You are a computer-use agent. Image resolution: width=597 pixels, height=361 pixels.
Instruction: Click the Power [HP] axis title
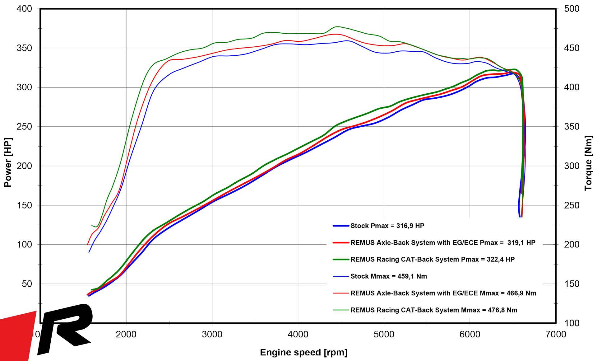tap(8, 162)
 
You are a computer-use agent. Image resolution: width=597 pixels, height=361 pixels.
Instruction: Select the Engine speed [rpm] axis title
tap(303, 352)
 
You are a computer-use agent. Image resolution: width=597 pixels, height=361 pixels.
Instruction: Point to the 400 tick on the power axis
tap(24, 9)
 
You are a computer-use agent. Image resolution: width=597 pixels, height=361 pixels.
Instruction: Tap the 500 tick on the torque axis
tap(572, 9)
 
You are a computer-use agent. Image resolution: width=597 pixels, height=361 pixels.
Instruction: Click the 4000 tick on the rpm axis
tap(298, 334)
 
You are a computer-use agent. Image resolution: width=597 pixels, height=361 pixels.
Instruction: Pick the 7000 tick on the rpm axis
tap(556, 334)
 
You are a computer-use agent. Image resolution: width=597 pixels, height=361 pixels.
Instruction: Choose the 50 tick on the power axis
tap(27, 284)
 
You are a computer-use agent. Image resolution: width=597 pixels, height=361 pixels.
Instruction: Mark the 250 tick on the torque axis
tap(572, 205)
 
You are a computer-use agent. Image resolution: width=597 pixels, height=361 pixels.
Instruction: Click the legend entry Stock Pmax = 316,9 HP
tap(387, 226)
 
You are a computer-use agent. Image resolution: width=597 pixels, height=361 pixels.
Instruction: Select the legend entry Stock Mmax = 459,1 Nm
tap(388, 276)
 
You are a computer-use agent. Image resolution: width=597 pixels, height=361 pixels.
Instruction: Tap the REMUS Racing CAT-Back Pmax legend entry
tap(432, 260)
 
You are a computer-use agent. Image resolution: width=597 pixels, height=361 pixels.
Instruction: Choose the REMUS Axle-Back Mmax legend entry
tap(443, 293)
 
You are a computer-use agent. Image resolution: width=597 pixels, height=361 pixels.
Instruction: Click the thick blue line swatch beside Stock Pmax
tap(341, 226)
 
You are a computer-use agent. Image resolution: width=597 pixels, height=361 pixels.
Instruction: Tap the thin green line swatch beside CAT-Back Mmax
tap(341, 310)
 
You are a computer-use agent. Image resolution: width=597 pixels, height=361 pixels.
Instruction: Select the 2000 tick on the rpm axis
tap(126, 334)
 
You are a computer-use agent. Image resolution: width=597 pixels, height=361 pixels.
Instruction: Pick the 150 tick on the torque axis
tap(572, 284)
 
